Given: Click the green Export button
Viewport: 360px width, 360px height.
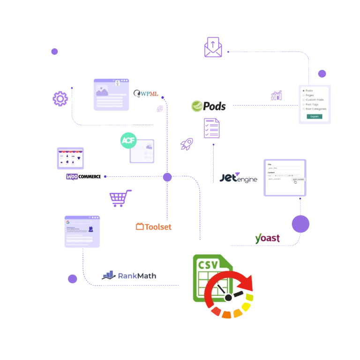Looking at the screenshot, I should [x=315, y=116].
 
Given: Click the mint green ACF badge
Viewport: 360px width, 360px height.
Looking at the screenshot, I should [x=128, y=140].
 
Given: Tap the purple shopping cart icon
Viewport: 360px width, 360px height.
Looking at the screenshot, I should [x=118, y=199].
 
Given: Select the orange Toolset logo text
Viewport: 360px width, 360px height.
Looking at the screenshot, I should [x=153, y=227].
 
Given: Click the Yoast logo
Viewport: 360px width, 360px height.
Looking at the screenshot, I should [x=268, y=238].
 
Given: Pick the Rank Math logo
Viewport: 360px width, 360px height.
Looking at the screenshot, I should [x=129, y=276].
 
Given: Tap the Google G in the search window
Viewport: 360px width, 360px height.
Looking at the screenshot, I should [x=68, y=222].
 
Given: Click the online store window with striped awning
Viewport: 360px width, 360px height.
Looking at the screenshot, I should [x=71, y=159].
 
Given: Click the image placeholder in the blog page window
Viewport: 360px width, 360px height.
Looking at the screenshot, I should [x=102, y=90].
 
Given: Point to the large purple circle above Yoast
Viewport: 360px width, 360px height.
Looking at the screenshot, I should [x=301, y=223].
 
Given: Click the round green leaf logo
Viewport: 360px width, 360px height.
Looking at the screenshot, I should [x=197, y=106].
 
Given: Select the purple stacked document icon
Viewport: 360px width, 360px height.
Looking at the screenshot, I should [x=212, y=127].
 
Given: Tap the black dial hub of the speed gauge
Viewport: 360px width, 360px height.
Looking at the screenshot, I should [x=228, y=298].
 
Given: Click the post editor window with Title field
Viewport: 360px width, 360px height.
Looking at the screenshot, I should [x=285, y=177].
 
